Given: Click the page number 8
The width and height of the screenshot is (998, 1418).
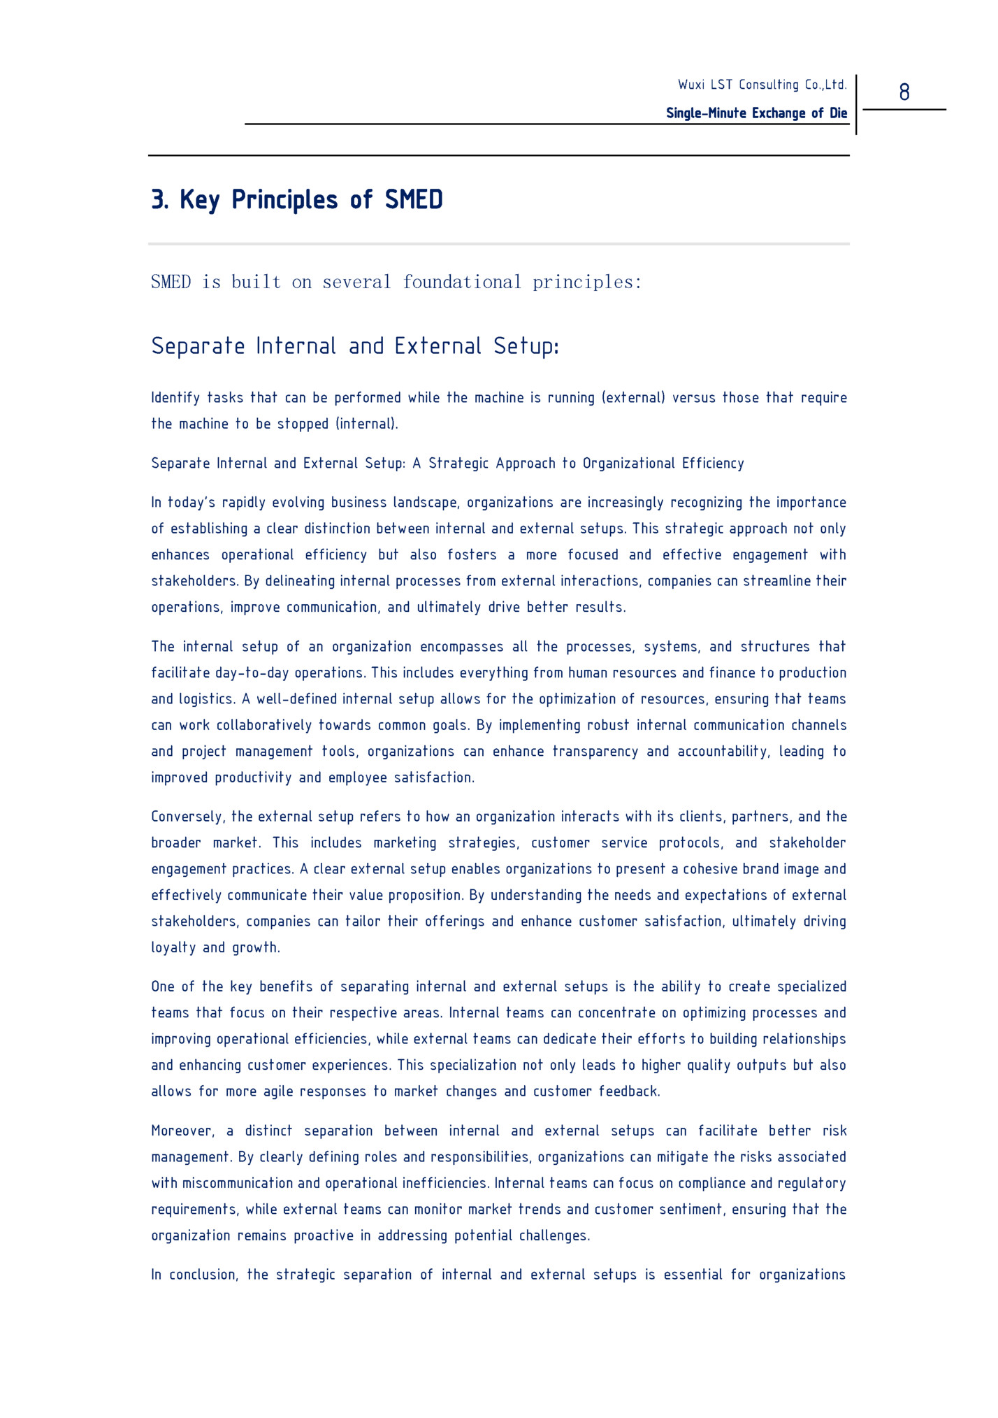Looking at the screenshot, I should coord(904,92).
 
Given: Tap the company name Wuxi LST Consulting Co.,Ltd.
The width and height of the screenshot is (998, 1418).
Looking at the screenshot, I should coord(762,85).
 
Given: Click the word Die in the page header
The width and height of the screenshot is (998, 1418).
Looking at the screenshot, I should coord(839,113).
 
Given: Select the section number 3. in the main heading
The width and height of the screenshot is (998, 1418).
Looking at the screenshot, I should coord(160,200).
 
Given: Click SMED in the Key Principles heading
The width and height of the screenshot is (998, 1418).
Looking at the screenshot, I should coord(414,200).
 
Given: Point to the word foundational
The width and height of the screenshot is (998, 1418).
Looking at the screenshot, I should coord(462,282).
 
